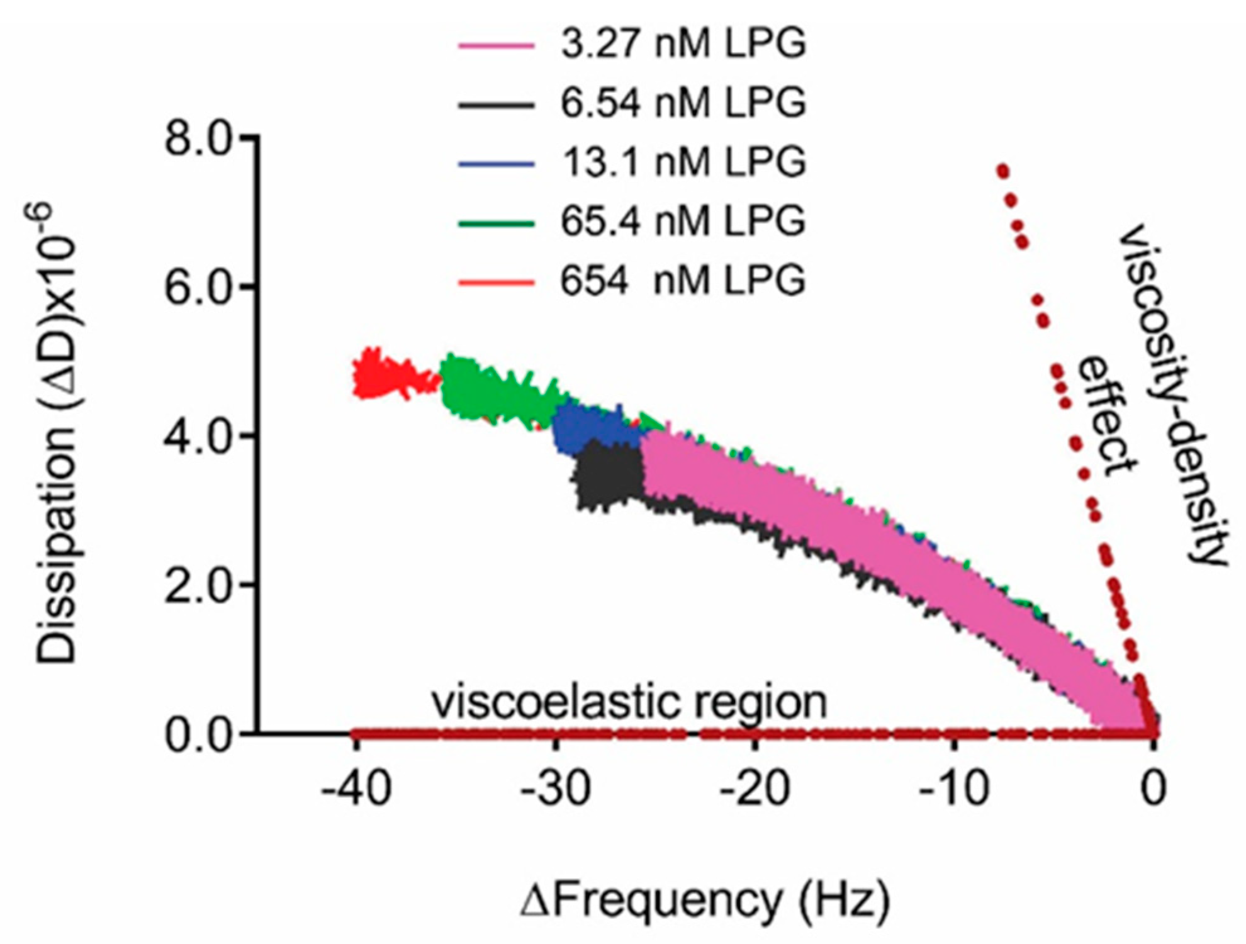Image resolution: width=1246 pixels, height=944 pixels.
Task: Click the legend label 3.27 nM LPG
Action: pos(683,44)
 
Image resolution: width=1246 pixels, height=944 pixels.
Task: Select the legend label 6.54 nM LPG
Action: pos(683,103)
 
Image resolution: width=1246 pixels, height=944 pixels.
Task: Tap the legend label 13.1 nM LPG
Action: pos(683,162)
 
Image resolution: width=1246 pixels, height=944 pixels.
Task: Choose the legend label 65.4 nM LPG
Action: pos(683,220)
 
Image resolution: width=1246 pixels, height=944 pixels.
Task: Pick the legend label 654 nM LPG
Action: pos(683,279)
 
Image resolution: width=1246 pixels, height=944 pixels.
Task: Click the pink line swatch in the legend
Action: pos(497,46)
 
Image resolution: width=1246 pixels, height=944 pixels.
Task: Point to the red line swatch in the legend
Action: pos(497,282)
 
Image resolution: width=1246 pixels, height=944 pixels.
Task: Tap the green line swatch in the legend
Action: pos(497,223)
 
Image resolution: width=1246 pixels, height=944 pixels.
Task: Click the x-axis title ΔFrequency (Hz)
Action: pos(705,901)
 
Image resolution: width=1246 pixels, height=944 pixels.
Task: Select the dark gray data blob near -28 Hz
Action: pos(607,475)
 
